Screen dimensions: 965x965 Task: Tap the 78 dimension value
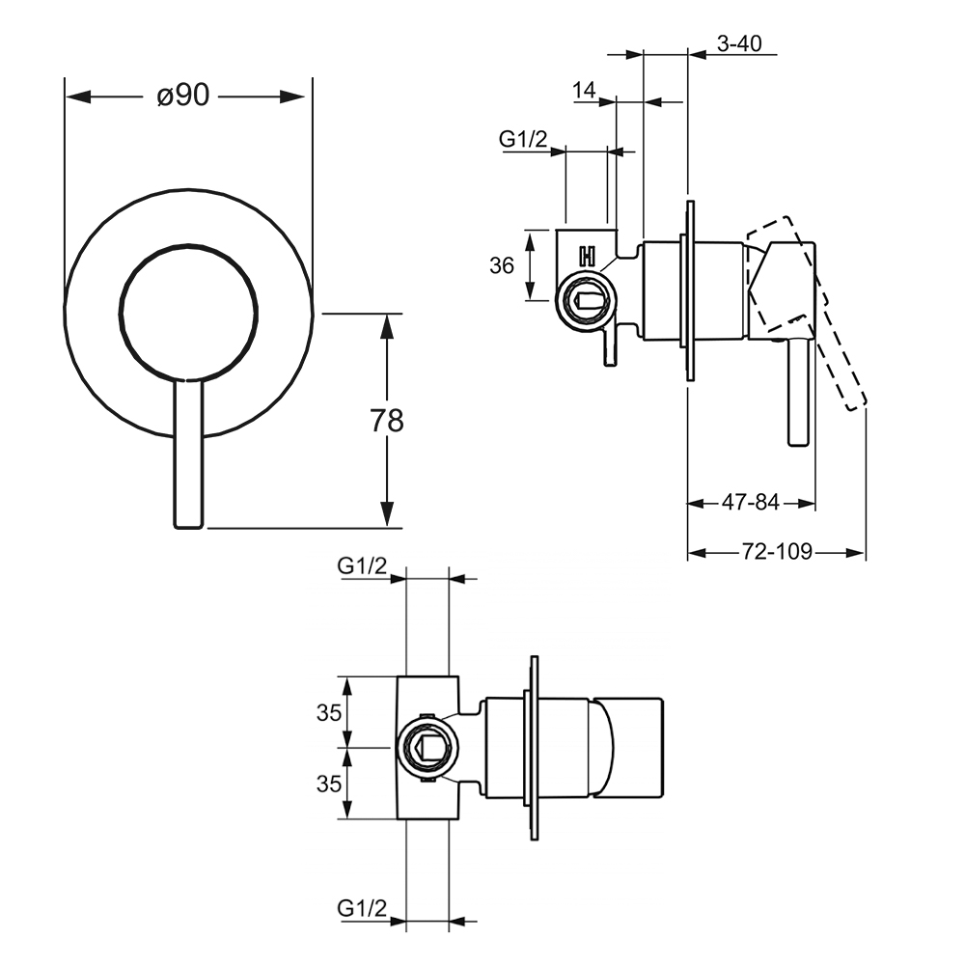387,421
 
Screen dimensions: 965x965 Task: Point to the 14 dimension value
584,91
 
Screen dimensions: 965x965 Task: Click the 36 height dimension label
502,265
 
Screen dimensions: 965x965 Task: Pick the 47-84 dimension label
751,502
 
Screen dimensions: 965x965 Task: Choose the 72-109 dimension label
778,552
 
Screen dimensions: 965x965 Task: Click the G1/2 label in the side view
523,140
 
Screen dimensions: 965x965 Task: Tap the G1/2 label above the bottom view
362,566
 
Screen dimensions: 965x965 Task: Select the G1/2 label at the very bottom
362,908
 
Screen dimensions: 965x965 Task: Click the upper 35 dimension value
329,713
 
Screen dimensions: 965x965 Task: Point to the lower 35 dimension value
329,784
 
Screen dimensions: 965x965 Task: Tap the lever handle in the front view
188,454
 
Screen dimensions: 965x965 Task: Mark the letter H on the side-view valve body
586,257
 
